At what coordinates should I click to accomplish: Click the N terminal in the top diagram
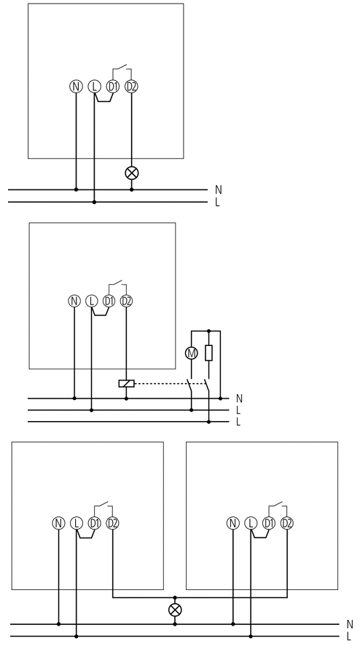click(76, 87)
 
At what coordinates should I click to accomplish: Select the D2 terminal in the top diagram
click(131, 87)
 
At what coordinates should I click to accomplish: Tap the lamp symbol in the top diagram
click(132, 173)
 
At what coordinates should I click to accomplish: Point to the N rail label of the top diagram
click(219, 189)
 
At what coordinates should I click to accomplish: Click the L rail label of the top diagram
click(217, 202)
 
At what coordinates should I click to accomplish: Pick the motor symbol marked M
click(192, 353)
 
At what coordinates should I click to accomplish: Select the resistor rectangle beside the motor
click(209, 353)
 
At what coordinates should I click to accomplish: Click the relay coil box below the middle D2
click(126, 384)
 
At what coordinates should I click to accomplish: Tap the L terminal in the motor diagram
click(92, 301)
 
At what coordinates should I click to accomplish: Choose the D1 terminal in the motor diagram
click(109, 301)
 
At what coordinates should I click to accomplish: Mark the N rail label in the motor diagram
click(239, 398)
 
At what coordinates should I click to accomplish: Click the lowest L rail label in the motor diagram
click(238, 422)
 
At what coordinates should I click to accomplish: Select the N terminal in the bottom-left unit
click(58, 523)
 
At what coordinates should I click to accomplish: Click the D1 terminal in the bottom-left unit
click(95, 523)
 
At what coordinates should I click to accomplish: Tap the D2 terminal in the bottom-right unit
click(287, 523)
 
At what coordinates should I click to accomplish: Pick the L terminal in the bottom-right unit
click(251, 523)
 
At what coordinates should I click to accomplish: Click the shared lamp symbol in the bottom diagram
click(175, 610)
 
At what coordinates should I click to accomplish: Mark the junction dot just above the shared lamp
click(175, 598)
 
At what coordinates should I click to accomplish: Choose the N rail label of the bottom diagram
click(350, 624)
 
